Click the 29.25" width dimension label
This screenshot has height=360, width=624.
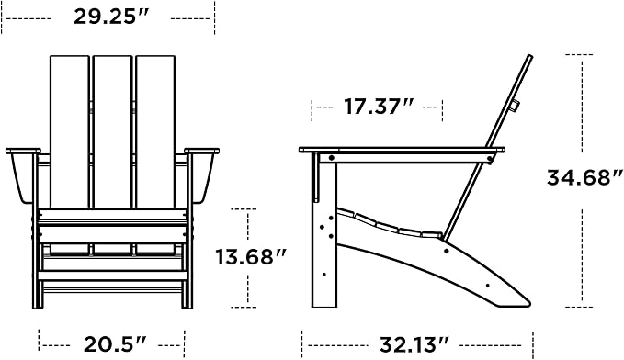pyautogui.click(x=111, y=17)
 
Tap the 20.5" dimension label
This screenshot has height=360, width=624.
pyautogui.click(x=115, y=344)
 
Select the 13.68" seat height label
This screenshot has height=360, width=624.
pyautogui.click(x=251, y=257)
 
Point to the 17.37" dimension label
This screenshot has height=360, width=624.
pyautogui.click(x=379, y=107)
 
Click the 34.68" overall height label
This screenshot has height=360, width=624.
pyautogui.click(x=584, y=177)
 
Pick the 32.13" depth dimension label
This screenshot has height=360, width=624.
pyautogui.click(x=414, y=344)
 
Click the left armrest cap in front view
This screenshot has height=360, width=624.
pyautogui.click(x=23, y=151)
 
